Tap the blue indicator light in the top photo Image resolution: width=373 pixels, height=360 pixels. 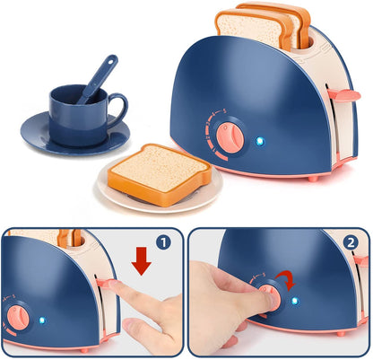click(261, 141)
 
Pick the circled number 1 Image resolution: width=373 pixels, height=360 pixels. click(164, 241)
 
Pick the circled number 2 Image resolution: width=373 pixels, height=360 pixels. click(350, 241)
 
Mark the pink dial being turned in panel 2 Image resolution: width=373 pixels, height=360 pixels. click(272, 297)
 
